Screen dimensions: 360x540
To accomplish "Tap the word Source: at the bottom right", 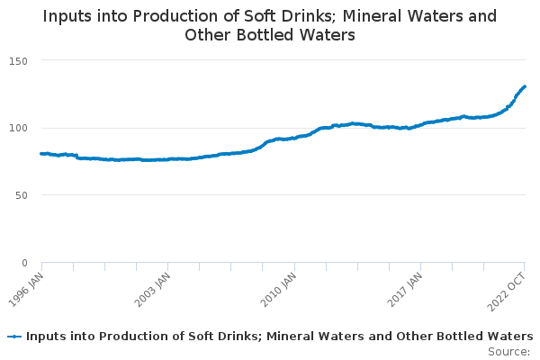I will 508,351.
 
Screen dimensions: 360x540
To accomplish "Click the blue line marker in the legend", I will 14,337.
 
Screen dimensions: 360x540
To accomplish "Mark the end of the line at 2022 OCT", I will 525,86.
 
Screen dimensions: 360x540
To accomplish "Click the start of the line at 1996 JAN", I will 42,154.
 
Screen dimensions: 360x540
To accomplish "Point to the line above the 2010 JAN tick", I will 294,138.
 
